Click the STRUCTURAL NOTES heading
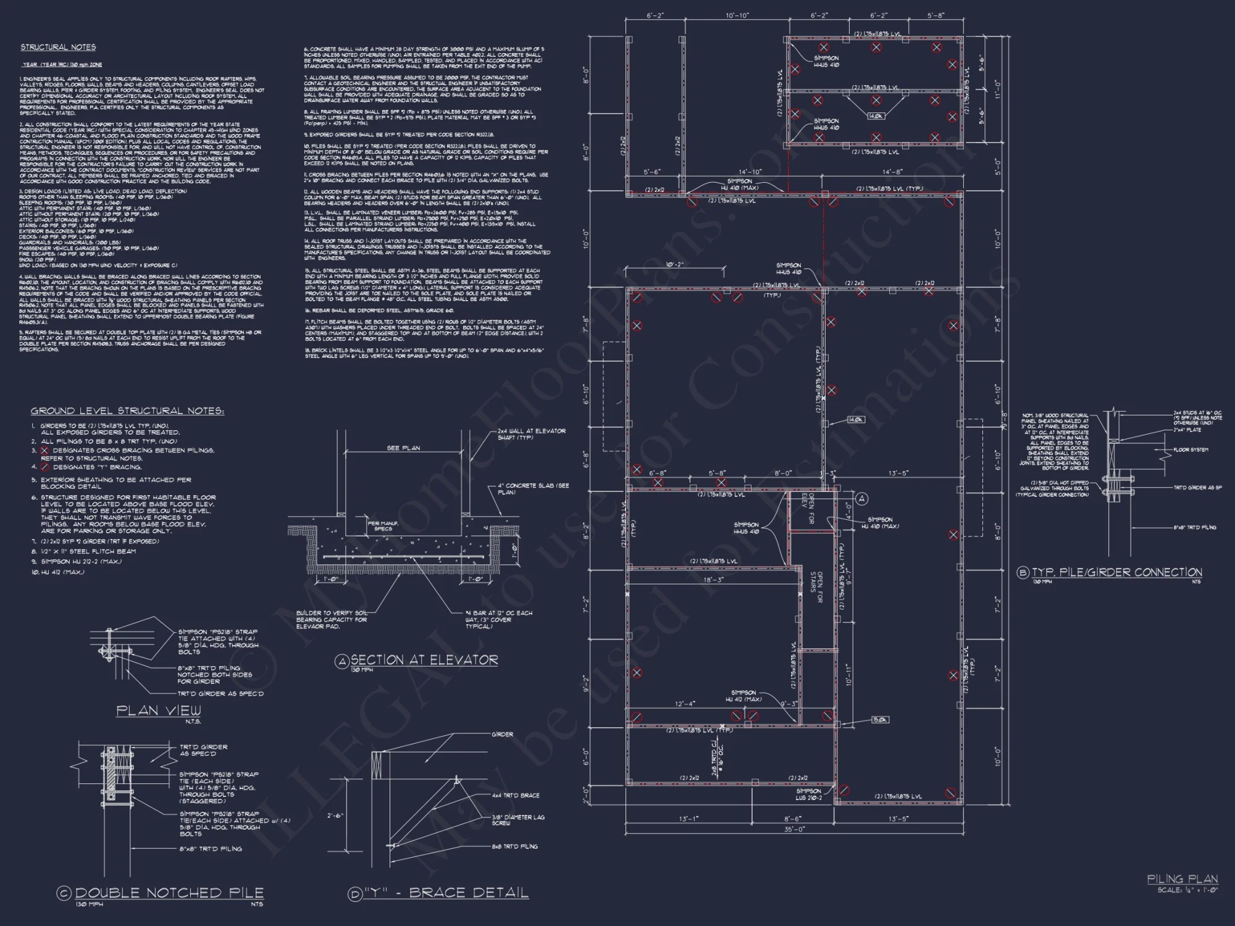[58, 48]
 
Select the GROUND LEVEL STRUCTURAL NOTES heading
[127, 411]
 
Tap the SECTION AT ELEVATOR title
[424, 660]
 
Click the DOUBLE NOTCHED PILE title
[169, 893]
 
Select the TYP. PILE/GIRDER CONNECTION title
[1116, 572]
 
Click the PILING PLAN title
[1182, 879]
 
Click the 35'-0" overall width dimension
[794, 829]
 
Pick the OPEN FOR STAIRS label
[816, 588]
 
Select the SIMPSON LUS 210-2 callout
[808, 794]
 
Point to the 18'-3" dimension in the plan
[713, 580]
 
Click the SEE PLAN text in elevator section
[403, 448]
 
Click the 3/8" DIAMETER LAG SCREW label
[518, 820]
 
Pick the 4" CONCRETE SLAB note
[533, 489]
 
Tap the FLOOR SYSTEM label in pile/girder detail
[1191, 450]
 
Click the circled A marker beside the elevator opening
[862, 499]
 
